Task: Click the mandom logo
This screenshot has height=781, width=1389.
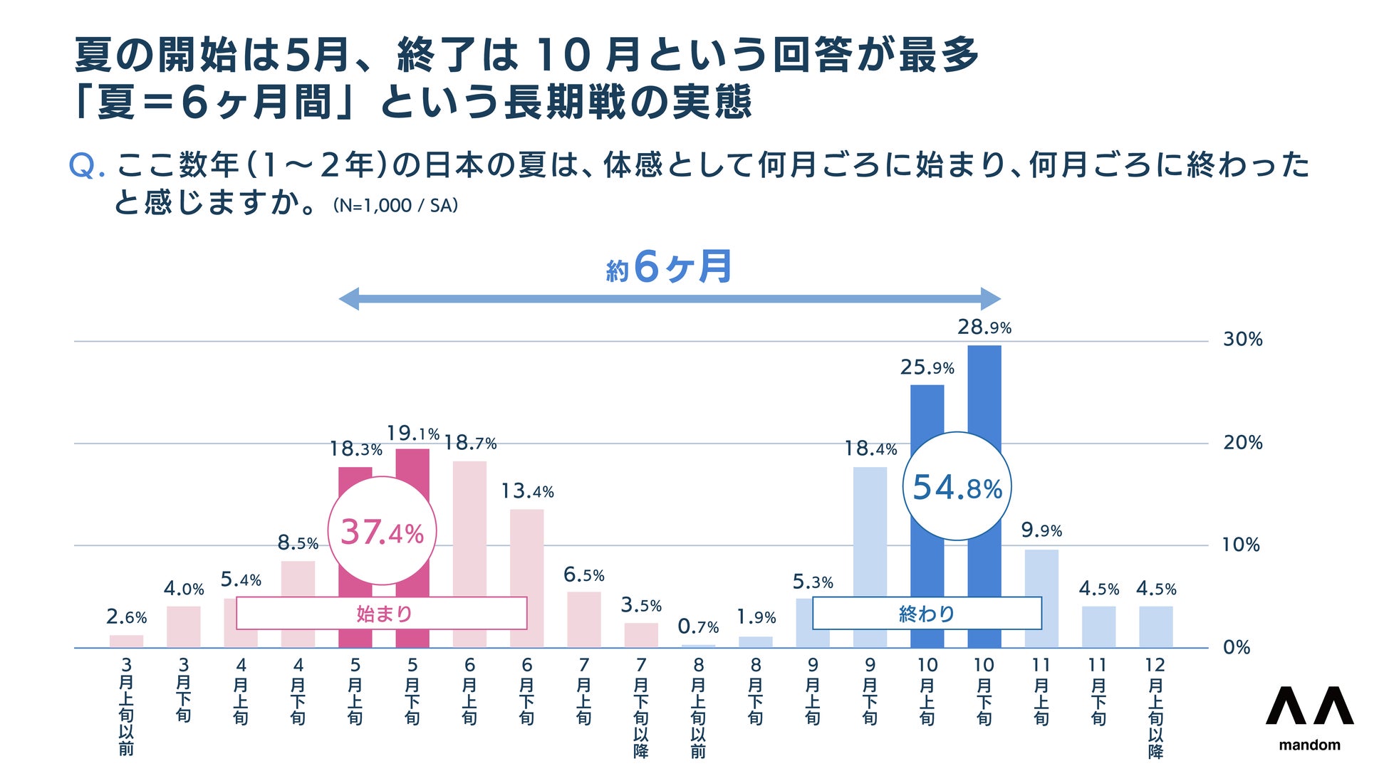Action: click(1309, 716)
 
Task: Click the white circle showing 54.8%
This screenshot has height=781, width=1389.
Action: click(957, 487)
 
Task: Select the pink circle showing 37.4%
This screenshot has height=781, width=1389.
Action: click(382, 532)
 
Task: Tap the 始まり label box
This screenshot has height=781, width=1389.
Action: click(382, 613)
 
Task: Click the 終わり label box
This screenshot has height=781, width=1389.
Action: click(927, 613)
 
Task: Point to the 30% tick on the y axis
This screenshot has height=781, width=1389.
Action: click(1242, 340)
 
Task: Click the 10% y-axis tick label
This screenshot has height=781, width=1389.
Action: click(1241, 545)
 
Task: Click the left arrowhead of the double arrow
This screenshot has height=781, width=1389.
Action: click(348, 299)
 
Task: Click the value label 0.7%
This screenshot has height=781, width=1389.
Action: click(697, 627)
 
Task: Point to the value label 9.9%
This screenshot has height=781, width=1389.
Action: click(1041, 530)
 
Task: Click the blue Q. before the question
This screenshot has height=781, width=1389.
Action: click(87, 166)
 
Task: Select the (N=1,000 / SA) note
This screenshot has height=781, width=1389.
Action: click(395, 206)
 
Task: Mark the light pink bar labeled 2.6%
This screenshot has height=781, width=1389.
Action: click(126, 641)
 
